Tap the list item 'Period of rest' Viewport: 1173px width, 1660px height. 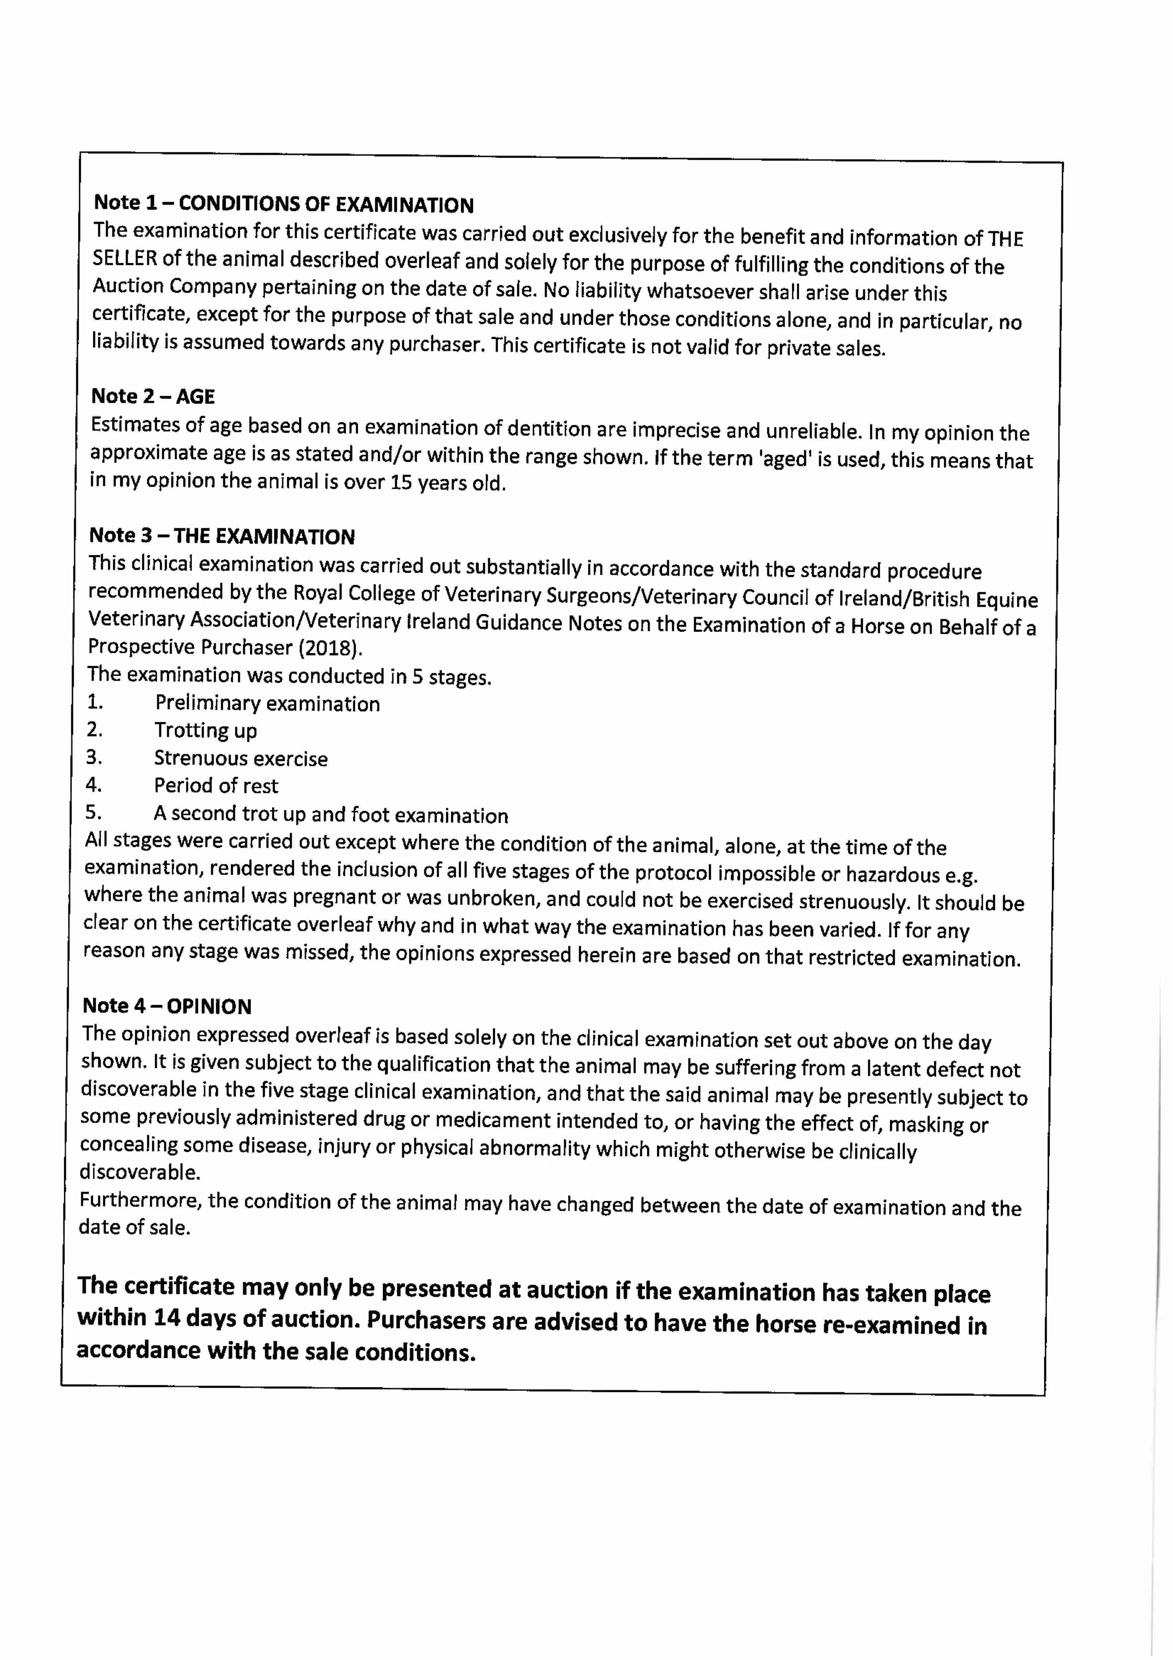point(215,786)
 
